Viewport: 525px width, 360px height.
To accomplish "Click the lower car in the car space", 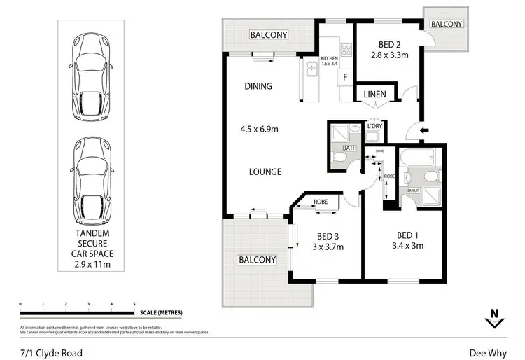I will (x=92, y=176).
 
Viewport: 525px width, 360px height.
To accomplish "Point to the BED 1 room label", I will (x=409, y=235).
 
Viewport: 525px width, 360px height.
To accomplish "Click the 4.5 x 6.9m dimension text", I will (x=260, y=129).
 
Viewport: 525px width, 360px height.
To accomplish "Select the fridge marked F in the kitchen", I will (x=345, y=78).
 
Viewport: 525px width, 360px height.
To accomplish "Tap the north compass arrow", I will (x=494, y=319).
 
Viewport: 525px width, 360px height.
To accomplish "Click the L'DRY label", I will (x=374, y=126).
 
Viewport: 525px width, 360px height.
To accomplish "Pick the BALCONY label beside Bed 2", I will (x=446, y=24).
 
